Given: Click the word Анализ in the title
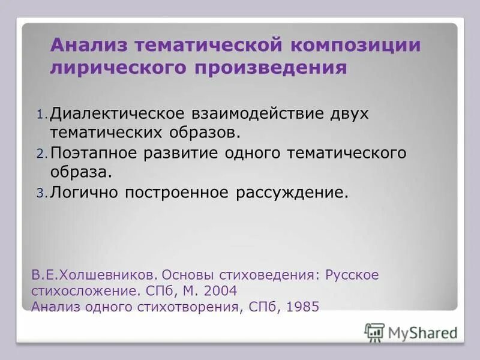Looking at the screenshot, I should [x=88, y=46].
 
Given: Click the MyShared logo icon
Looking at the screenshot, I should [x=374, y=332].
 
